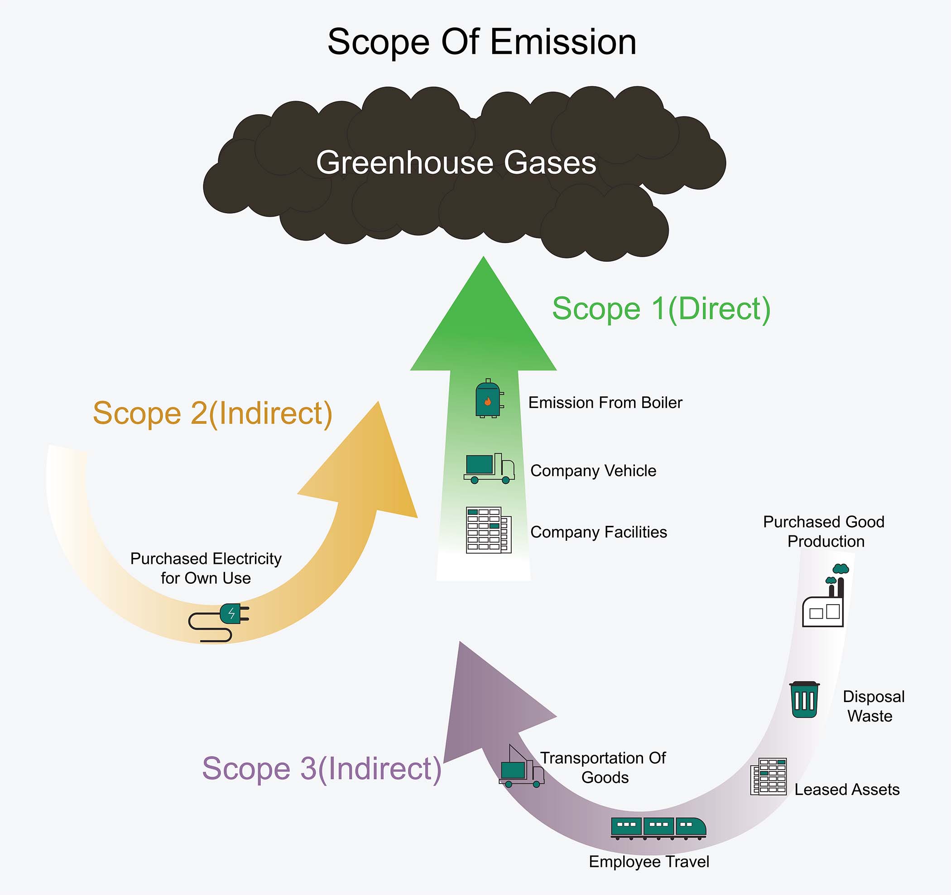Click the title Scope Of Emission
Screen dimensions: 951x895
[482, 42]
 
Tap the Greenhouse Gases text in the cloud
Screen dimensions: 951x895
[456, 163]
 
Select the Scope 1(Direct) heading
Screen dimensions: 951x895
[661, 308]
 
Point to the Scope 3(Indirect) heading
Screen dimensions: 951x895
[322, 769]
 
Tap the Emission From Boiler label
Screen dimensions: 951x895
[605, 403]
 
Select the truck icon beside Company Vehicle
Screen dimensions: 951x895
[489, 468]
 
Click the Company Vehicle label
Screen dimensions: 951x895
[593, 471]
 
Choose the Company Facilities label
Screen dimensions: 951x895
[598, 532]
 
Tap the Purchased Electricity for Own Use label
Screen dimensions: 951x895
[206, 568]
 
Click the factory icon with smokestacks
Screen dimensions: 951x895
[825, 596]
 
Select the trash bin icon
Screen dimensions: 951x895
[804, 700]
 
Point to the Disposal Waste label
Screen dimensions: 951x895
[873, 706]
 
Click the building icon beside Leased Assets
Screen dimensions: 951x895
[768, 777]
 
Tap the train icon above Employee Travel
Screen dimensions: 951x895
[658, 828]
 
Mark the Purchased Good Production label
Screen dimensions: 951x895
[824, 531]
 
